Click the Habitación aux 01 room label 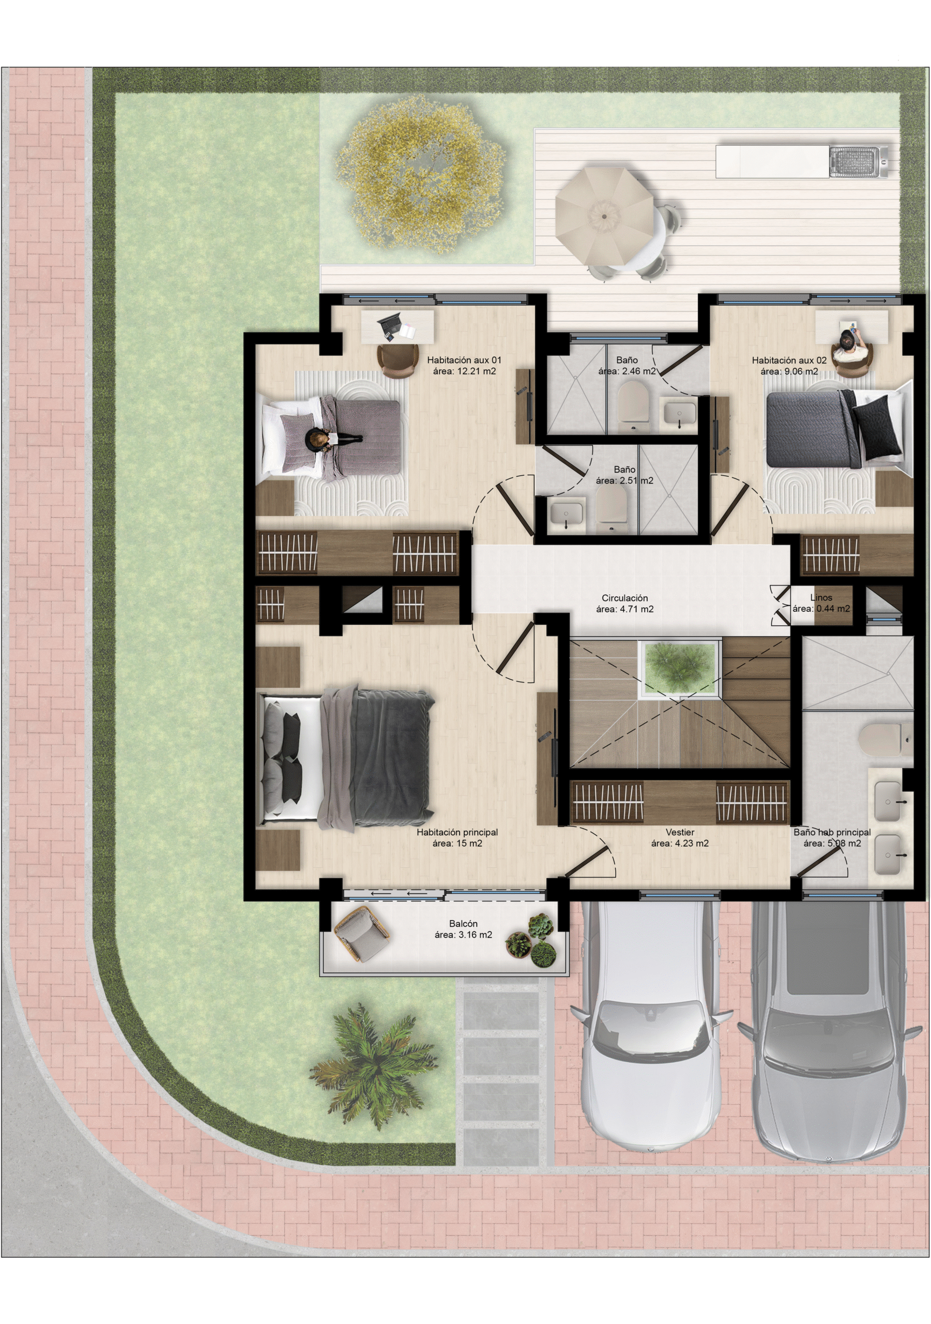[x=464, y=360]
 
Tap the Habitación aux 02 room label [x=789, y=360]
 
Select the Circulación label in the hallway [x=625, y=598]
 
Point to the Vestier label [x=680, y=832]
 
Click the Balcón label [x=464, y=923]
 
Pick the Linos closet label [x=821, y=597]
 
